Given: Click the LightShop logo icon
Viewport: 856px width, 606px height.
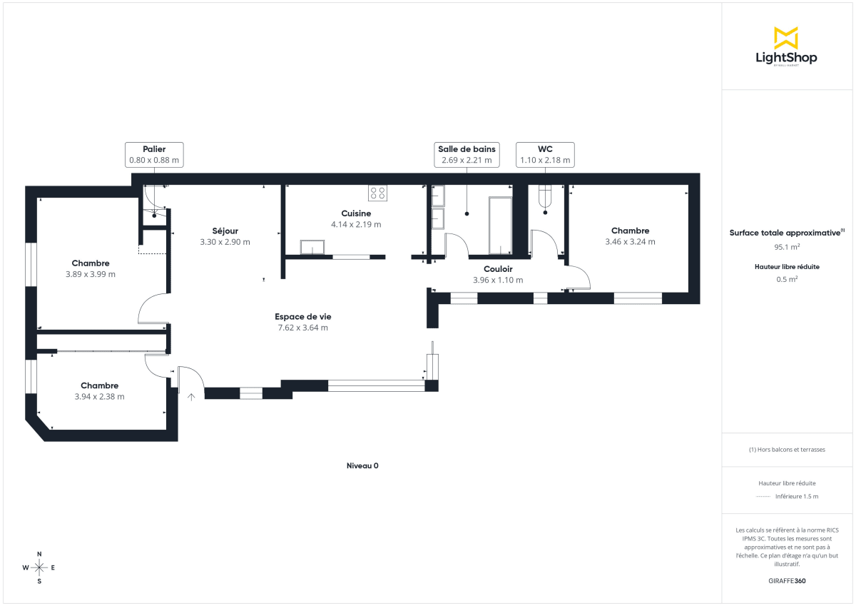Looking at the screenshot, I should (x=785, y=38).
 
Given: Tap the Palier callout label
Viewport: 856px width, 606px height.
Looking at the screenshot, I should (x=154, y=155).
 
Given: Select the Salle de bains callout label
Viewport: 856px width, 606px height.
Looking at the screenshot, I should (x=467, y=155).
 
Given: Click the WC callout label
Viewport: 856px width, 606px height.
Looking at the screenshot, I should (x=545, y=155).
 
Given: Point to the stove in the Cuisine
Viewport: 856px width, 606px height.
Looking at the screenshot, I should (x=377, y=193).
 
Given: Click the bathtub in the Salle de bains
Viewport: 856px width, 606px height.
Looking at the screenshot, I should (x=500, y=226).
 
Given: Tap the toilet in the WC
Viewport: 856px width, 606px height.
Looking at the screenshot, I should (x=546, y=196).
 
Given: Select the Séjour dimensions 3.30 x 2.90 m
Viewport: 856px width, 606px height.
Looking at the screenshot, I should (x=225, y=242).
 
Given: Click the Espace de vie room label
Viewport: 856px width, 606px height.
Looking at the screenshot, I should (x=303, y=316).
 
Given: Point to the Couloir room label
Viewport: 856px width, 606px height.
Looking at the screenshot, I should (x=498, y=269).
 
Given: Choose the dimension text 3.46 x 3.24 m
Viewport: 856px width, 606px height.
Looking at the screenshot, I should (x=631, y=242).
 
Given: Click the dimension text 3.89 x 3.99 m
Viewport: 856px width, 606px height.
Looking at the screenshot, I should (x=91, y=274).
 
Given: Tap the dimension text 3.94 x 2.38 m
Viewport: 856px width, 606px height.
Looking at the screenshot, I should (x=99, y=397).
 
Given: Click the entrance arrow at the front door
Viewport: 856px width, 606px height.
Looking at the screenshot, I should (x=191, y=396).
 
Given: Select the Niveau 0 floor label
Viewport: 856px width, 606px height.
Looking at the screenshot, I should (x=362, y=465).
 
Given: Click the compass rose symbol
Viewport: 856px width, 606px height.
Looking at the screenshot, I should (x=39, y=567).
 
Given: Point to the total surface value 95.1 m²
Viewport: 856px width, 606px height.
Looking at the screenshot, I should (x=787, y=247).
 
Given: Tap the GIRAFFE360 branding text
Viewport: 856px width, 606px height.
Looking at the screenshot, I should (x=787, y=581).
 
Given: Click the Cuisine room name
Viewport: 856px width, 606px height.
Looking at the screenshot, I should (x=356, y=213).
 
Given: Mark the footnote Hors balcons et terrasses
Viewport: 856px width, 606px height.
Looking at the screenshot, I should (x=787, y=450).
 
